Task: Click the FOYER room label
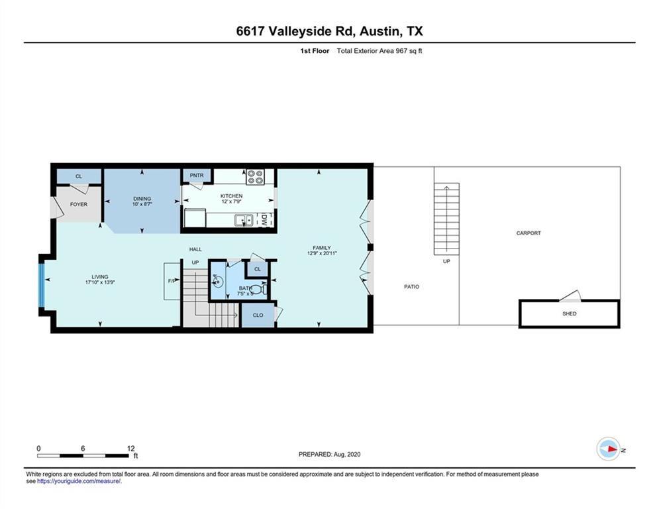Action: pos(79,204)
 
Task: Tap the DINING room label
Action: pos(142,199)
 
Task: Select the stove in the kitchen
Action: pos(255,177)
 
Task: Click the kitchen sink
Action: pos(244,220)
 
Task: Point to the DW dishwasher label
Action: pos(264,219)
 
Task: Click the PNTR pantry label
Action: pos(197,176)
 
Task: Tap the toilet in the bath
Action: pos(262,290)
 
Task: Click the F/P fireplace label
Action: pos(172,281)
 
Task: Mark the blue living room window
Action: pos(42,285)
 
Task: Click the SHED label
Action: pos(570,313)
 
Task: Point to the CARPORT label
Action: pos(529,233)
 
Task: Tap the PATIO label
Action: pos(411,287)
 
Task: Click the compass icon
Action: pos(609,449)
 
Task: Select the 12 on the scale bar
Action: pos(130,449)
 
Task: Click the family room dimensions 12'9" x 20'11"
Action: pos(322,254)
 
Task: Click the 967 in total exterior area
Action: pos(401,51)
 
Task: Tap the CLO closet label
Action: pos(258,315)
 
